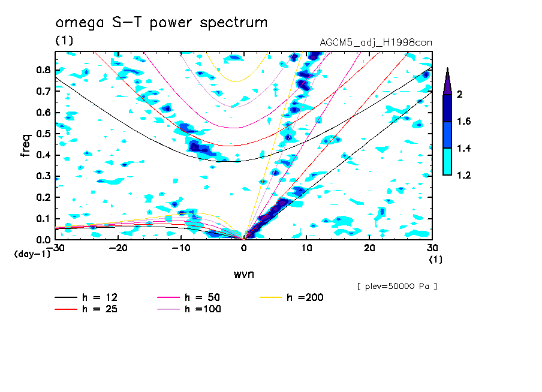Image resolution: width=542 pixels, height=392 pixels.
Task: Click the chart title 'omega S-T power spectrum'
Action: pos(161,23)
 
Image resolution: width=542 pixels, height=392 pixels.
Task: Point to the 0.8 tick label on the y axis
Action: pos(43,70)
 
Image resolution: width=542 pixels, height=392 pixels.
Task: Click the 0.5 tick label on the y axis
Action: pos(43,134)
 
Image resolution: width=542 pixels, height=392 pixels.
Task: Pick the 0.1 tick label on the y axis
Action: pos(43,219)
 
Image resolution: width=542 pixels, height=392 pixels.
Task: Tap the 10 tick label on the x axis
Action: pos(306,248)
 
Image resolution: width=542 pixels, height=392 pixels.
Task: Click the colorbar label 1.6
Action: pos(464,121)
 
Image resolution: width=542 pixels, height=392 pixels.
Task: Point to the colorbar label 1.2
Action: pos(464,175)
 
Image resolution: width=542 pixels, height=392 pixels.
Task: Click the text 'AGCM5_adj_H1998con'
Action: pos(377,42)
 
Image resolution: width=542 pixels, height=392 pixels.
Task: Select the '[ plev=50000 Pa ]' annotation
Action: pos(396,287)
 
